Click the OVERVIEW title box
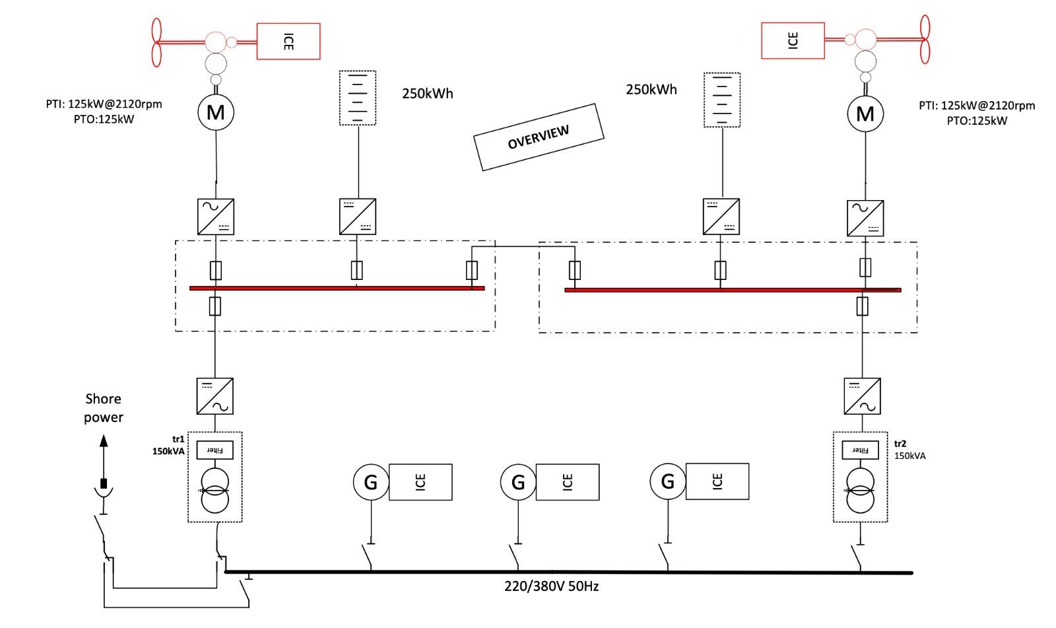coord(539,137)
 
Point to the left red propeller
coord(156,42)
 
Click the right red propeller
coord(925,39)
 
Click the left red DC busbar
coord(337,288)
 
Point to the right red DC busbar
coord(733,290)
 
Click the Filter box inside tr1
coord(215,450)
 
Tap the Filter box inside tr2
coord(861,450)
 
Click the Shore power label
coord(104,408)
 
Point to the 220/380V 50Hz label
coord(552,586)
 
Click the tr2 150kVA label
coord(910,450)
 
